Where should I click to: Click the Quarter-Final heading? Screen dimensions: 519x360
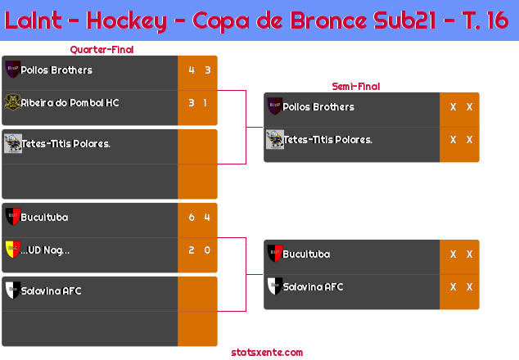pyautogui.click(x=102, y=50)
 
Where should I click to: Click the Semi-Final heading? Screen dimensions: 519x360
pyautogui.click(x=356, y=87)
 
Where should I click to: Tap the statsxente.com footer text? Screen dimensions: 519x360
pyautogui.click(x=267, y=353)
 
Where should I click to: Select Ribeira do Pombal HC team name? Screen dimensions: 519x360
pyautogui.click(x=70, y=103)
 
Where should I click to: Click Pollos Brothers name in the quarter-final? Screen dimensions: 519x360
pyautogui.click(x=56, y=70)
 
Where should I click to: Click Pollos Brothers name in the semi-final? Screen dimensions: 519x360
pyautogui.click(x=318, y=107)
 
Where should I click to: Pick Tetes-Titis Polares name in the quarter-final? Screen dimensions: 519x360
pyautogui.click(x=65, y=144)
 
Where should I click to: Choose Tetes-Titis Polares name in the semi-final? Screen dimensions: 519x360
pyautogui.click(x=328, y=140)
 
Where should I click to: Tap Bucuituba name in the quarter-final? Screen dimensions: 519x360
pyautogui.click(x=44, y=218)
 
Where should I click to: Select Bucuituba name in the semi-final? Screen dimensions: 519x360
pyautogui.click(x=306, y=254)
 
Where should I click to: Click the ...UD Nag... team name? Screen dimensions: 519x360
pyautogui.click(x=45, y=250)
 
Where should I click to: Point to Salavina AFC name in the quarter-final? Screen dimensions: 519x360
pyautogui.click(x=51, y=290)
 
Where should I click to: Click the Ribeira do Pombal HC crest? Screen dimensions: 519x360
pyautogui.click(x=12, y=102)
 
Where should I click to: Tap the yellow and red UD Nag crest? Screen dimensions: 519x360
pyautogui.click(x=13, y=250)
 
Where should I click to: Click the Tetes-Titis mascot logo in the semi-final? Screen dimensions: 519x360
pyautogui.click(x=275, y=139)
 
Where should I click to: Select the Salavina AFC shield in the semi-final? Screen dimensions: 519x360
pyautogui.click(x=275, y=286)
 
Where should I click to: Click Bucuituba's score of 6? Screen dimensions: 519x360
pyautogui.click(x=192, y=218)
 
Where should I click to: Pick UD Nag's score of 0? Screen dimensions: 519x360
pyautogui.click(x=207, y=250)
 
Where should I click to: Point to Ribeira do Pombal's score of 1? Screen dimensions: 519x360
pyautogui.click(x=205, y=103)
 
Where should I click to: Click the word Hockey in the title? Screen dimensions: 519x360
pyautogui.click(x=127, y=20)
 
